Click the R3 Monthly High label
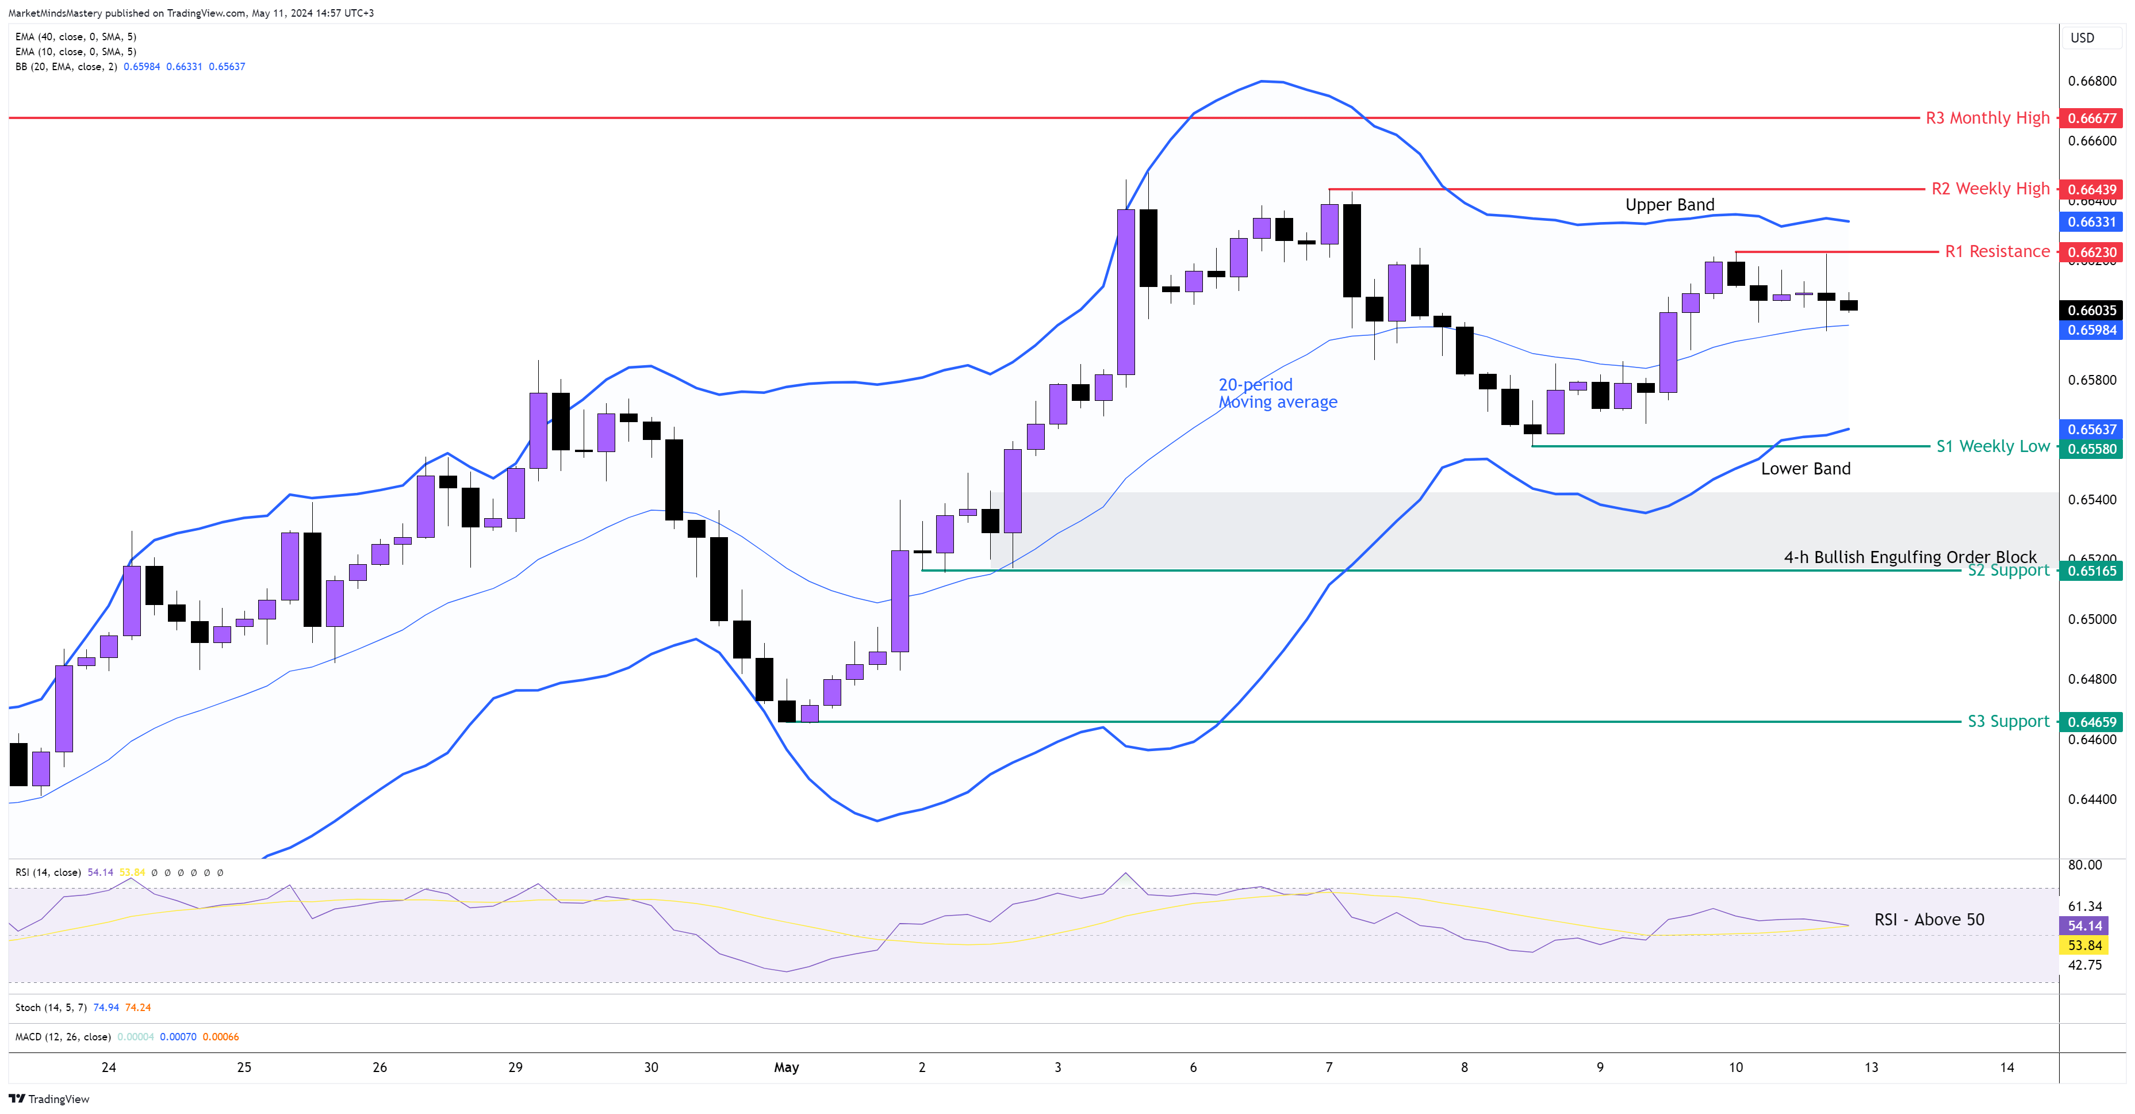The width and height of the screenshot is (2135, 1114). [x=1987, y=118]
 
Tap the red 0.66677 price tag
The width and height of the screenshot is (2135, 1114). [x=2091, y=118]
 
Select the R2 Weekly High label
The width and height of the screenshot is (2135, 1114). [x=1990, y=189]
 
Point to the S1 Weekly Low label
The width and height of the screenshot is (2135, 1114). [x=1992, y=446]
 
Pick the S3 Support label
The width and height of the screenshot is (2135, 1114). [x=2008, y=721]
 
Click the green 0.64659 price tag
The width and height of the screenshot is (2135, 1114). [x=2091, y=722]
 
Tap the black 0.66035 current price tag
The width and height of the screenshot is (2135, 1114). [x=2091, y=310]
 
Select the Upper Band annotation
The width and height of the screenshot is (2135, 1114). [x=1669, y=205]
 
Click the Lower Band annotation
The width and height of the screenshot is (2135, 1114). [x=1805, y=468]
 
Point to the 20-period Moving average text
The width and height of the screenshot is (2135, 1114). [x=1277, y=393]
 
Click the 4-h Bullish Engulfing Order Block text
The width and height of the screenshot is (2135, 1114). [x=1910, y=557]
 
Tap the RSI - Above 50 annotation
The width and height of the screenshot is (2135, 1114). [x=1929, y=919]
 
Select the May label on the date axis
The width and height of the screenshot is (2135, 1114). [x=785, y=1067]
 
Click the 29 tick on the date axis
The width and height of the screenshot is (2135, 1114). [x=515, y=1067]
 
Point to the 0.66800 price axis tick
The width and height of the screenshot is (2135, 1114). [x=2091, y=81]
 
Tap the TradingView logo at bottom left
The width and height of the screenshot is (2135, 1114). [x=49, y=1098]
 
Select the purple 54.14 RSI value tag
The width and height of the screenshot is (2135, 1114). [x=2084, y=926]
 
